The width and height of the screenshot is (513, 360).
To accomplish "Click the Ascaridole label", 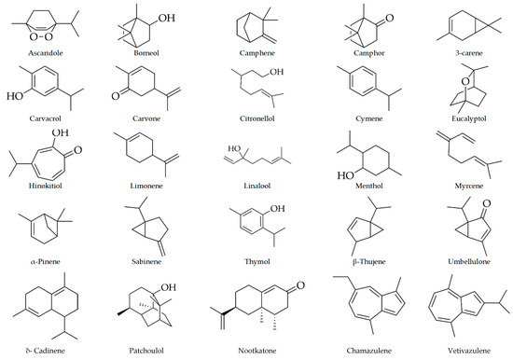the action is [45, 53].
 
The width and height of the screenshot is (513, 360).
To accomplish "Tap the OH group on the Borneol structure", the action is [167, 18].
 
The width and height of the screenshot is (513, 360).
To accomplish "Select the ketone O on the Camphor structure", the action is [389, 18].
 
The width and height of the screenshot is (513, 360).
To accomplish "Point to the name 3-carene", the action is [469, 53].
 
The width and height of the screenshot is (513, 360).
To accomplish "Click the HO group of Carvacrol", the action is [15, 96].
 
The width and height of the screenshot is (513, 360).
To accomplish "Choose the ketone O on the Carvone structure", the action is [116, 96].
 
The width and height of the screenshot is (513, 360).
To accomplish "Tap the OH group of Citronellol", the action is [276, 72].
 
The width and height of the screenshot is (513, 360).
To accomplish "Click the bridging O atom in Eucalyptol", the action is [465, 81].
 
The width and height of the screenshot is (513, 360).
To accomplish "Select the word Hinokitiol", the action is [45, 186].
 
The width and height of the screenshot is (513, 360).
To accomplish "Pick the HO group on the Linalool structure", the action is [234, 148].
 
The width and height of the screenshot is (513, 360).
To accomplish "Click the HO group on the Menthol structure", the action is [346, 175].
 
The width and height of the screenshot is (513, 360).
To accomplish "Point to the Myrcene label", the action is [469, 186].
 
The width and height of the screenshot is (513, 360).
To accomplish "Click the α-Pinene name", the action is [45, 261].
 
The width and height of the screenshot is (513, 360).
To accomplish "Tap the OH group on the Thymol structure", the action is [277, 209].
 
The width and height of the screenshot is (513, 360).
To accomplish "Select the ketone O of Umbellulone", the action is [487, 203].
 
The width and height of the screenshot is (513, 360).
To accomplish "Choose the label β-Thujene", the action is [368, 261].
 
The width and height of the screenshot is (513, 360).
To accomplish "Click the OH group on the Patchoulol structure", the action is [168, 287].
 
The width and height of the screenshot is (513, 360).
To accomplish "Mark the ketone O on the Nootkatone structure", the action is [300, 285].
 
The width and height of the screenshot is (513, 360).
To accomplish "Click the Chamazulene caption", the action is [368, 351].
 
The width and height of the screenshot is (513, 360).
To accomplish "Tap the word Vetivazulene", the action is [469, 351].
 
